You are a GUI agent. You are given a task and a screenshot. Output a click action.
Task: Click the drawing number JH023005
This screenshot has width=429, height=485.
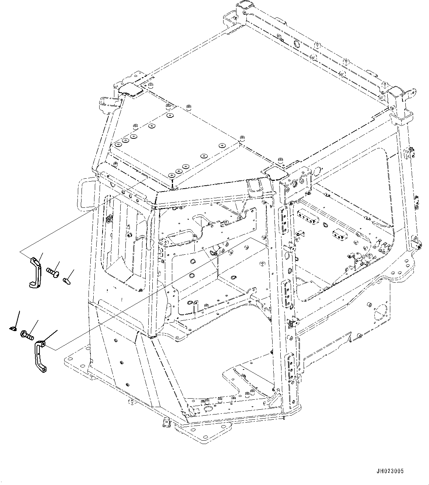(x=390, y=471)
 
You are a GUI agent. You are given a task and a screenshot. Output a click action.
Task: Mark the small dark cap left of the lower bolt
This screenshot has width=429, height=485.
(x=13, y=327)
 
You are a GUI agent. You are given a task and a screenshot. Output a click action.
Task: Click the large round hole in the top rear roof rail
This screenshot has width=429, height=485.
(x=296, y=44)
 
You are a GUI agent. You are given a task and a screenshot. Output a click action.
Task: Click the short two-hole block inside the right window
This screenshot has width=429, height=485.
(x=339, y=233)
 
